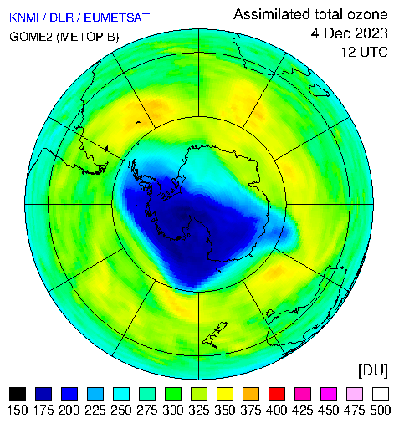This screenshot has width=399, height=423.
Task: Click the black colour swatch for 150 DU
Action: coord(18,394)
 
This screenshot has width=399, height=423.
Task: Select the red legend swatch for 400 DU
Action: coord(277,394)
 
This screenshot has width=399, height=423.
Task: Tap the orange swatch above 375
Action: coord(251,394)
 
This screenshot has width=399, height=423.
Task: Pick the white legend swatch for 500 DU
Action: coord(381,394)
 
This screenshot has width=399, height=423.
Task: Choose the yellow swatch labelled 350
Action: coord(225,394)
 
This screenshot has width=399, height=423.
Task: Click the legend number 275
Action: coord(147,410)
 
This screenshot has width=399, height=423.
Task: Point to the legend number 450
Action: coord(329,410)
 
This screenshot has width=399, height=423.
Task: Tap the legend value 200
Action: coord(69,410)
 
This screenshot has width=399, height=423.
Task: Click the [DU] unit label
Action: coord(373,371)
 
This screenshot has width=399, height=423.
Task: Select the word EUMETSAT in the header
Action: coord(117,18)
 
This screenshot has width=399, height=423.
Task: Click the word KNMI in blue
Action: coord(24,18)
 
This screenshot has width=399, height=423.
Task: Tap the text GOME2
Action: coord(31,37)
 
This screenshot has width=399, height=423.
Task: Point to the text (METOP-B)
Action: coord(88,37)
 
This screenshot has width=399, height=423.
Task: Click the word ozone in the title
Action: coord(367,14)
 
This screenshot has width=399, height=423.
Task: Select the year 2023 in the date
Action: coord(370,33)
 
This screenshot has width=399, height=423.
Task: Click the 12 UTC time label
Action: coord(365,52)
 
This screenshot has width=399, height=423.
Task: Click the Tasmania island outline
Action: coord(319,90)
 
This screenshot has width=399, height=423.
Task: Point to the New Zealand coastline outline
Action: coord(215,334)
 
